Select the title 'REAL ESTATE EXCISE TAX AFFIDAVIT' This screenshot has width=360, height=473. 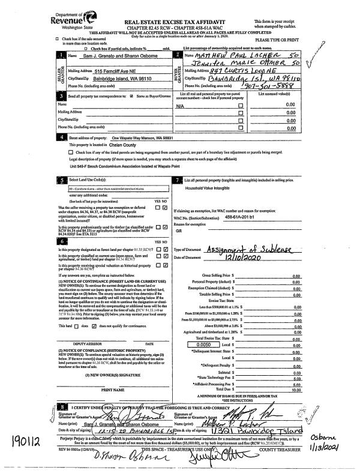tap(181, 21)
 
